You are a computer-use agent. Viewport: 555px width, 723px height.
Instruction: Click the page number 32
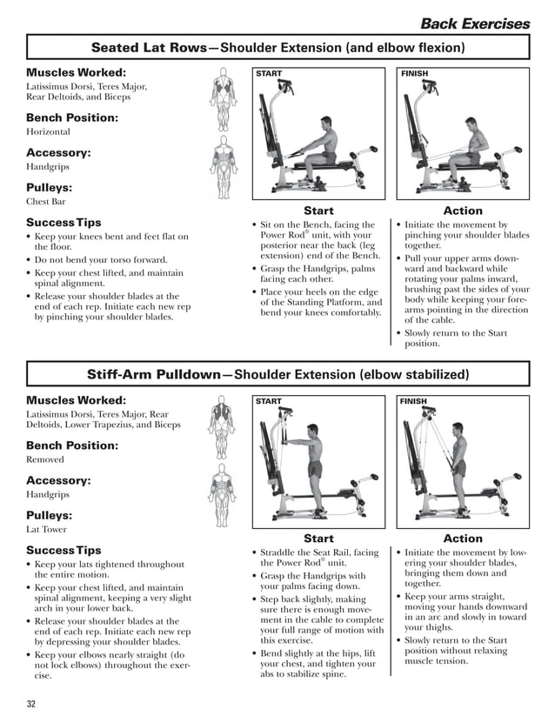[31, 703]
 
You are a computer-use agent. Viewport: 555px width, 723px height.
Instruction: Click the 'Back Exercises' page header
[474, 23]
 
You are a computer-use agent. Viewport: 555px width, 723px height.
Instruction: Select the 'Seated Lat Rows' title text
[148, 47]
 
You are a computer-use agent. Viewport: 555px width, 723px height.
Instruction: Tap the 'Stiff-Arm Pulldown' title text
[153, 375]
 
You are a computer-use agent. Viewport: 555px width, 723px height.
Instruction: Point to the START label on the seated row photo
[269, 74]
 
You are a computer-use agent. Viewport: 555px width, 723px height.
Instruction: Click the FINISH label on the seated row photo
[415, 74]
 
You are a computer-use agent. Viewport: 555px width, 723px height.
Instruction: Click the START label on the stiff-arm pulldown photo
[269, 402]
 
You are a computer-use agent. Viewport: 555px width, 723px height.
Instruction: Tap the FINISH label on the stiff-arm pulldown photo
[415, 402]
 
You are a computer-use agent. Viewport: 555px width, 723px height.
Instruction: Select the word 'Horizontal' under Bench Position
[47, 132]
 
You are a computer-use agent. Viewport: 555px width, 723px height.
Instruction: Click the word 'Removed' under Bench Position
[45, 459]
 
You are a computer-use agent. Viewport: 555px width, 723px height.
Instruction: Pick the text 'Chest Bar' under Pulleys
[45, 202]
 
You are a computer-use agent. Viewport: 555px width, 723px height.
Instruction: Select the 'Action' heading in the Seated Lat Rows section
[463, 211]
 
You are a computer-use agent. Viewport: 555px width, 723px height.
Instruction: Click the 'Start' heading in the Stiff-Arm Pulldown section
[318, 539]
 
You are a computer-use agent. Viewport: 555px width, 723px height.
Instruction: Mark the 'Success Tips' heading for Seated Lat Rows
[64, 223]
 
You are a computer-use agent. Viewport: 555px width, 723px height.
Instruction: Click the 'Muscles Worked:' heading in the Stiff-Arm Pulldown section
[76, 400]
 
